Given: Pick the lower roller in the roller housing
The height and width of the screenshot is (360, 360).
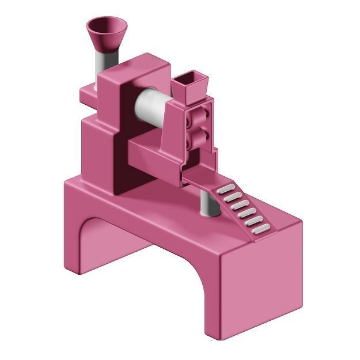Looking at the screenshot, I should [198, 138].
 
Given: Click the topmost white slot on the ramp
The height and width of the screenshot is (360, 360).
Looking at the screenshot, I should [227, 188].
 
